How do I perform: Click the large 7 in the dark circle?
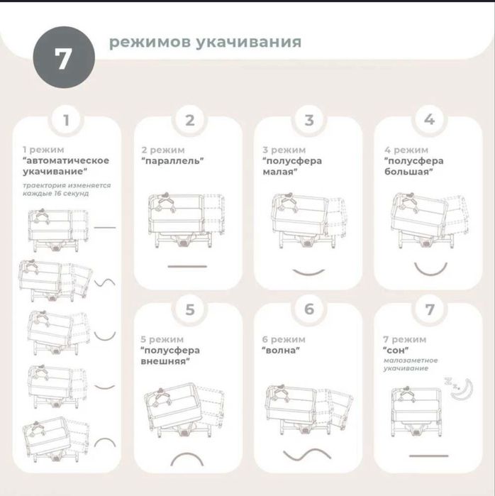click(x=63, y=58)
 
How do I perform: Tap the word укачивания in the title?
click(x=249, y=42)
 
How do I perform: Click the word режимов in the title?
click(x=150, y=43)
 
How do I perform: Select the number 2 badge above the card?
click(x=189, y=120)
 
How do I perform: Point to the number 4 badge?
click(x=429, y=120)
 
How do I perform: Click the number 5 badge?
click(x=189, y=309)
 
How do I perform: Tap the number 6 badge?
click(x=309, y=309)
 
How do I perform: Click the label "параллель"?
click(x=172, y=160)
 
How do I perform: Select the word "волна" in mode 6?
click(x=281, y=350)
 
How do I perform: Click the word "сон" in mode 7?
click(x=396, y=350)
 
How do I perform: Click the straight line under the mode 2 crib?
click(x=187, y=266)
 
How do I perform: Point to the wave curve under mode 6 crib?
click(x=307, y=455)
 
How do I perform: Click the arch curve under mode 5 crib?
click(x=187, y=456)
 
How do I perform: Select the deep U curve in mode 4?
click(x=430, y=272)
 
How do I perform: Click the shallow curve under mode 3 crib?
click(x=308, y=273)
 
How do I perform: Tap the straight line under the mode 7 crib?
click(x=428, y=456)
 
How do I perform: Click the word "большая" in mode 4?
click(x=408, y=172)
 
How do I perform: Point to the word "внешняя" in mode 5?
click(x=166, y=361)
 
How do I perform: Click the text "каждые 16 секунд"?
click(x=55, y=193)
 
